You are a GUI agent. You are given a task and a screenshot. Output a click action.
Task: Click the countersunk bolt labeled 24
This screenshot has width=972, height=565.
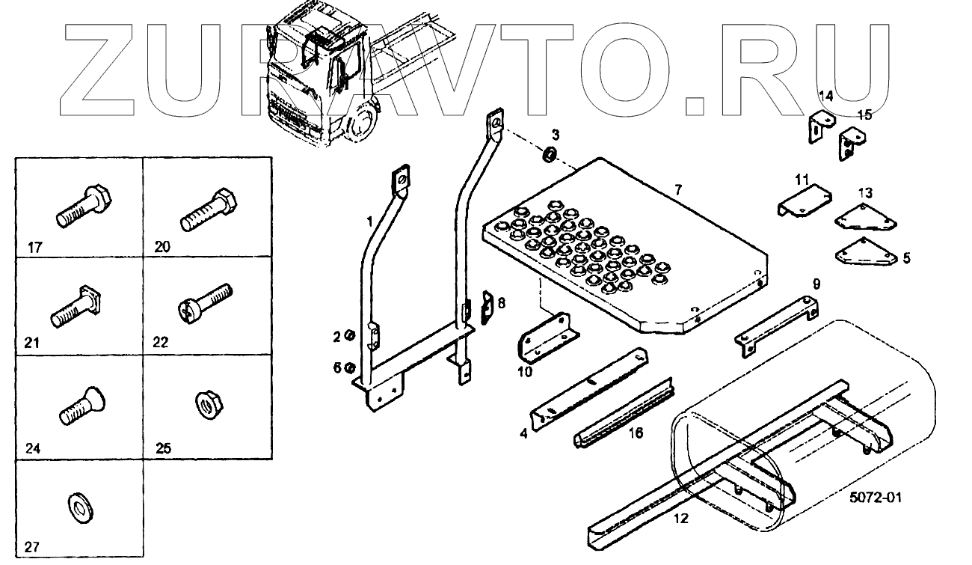(x=81, y=405)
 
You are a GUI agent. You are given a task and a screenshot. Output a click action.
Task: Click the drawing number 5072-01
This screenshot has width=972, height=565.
(x=875, y=496)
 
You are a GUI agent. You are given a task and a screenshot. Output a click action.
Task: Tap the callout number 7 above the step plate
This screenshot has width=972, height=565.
(x=677, y=190)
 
